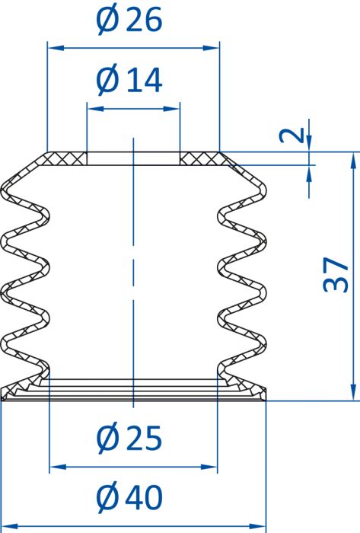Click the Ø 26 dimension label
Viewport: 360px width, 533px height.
[129, 20]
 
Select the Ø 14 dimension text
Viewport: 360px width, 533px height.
[129, 80]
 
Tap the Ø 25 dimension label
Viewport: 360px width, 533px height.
[129, 438]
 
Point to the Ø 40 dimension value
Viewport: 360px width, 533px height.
[129, 497]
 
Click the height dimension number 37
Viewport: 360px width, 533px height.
[336, 275]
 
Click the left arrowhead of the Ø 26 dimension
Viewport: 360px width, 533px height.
[56, 48]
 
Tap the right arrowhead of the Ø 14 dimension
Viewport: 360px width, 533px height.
[171, 109]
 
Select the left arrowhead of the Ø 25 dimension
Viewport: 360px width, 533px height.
[58, 467]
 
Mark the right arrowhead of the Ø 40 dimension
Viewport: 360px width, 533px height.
[257, 527]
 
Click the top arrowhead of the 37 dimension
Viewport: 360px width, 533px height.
[353, 161]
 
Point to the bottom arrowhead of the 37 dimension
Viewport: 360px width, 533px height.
[353, 392]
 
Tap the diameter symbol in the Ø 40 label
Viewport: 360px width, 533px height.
[108, 497]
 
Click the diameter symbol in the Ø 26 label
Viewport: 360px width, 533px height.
[108, 21]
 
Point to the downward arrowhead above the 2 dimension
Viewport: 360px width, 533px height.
[309, 143]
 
